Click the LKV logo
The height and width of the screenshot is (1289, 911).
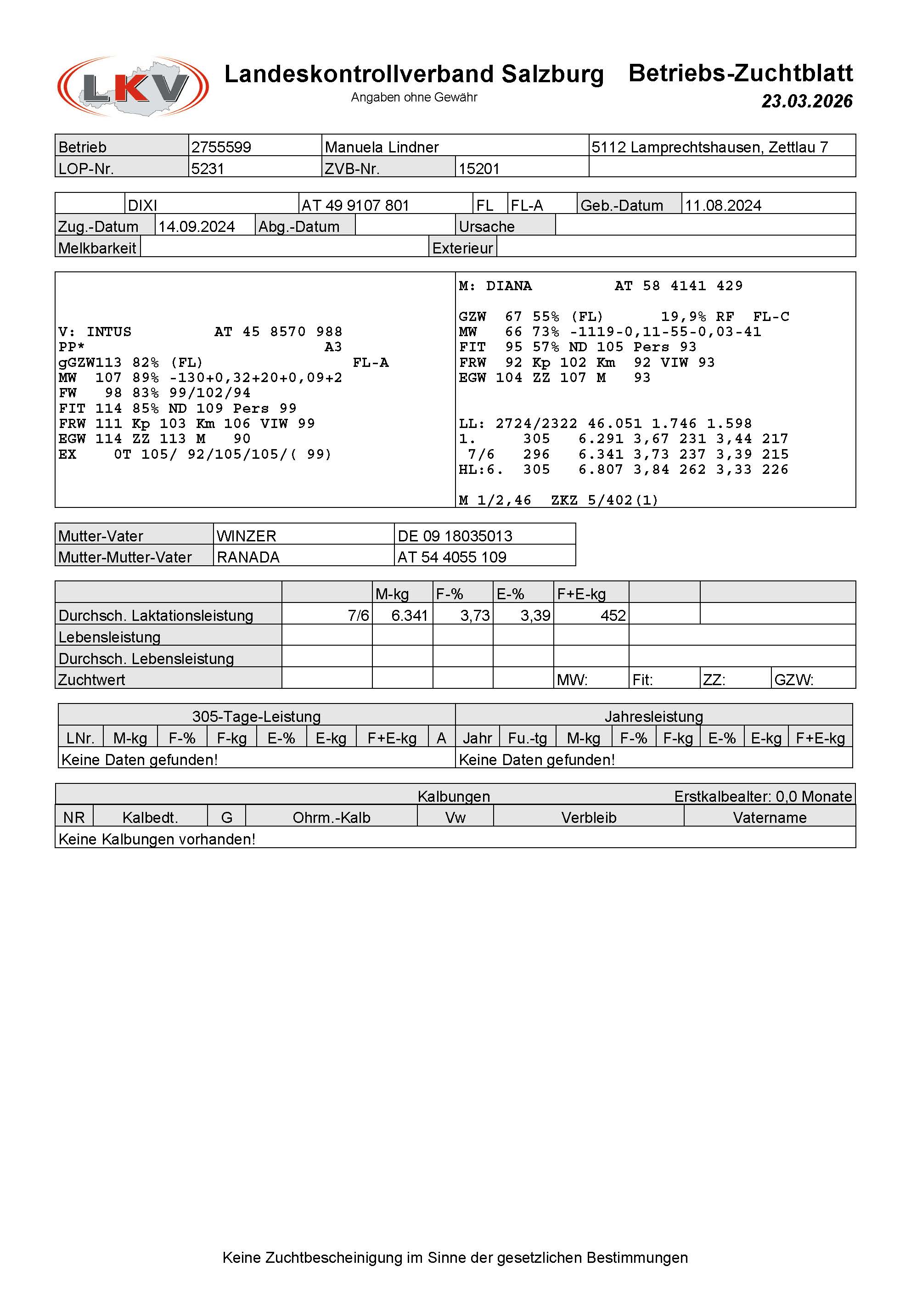(133, 86)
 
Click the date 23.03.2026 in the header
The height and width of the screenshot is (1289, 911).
(807, 101)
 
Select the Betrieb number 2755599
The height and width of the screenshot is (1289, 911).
(221, 147)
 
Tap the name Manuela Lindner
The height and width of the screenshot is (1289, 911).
(382, 147)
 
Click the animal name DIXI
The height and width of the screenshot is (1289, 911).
(142, 205)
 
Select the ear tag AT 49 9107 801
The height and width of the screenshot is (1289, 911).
(355, 205)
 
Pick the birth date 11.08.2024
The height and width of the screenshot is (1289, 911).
(723, 205)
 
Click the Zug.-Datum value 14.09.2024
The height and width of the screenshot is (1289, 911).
(197, 227)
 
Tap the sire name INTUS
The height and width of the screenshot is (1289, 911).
(109, 332)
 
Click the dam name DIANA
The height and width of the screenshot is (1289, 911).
(509, 286)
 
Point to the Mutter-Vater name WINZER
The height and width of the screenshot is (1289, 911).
(247, 536)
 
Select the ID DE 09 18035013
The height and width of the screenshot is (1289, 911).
(455, 536)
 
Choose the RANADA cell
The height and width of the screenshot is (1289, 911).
(248, 557)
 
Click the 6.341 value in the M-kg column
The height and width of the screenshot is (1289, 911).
(409, 616)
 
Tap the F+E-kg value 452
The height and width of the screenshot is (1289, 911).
(613, 616)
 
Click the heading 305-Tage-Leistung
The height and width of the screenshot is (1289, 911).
(257, 717)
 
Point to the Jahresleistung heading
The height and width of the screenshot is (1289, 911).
(653, 717)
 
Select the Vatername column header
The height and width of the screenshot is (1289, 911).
(770, 818)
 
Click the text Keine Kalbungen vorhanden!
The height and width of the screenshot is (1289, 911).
(157, 839)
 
